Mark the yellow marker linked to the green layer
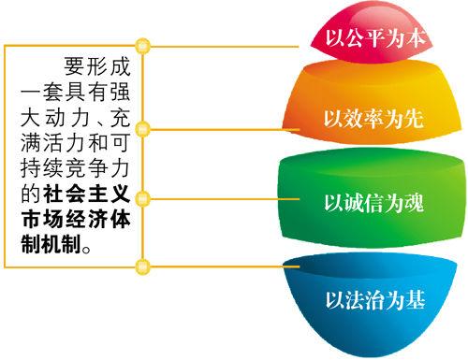141,201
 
